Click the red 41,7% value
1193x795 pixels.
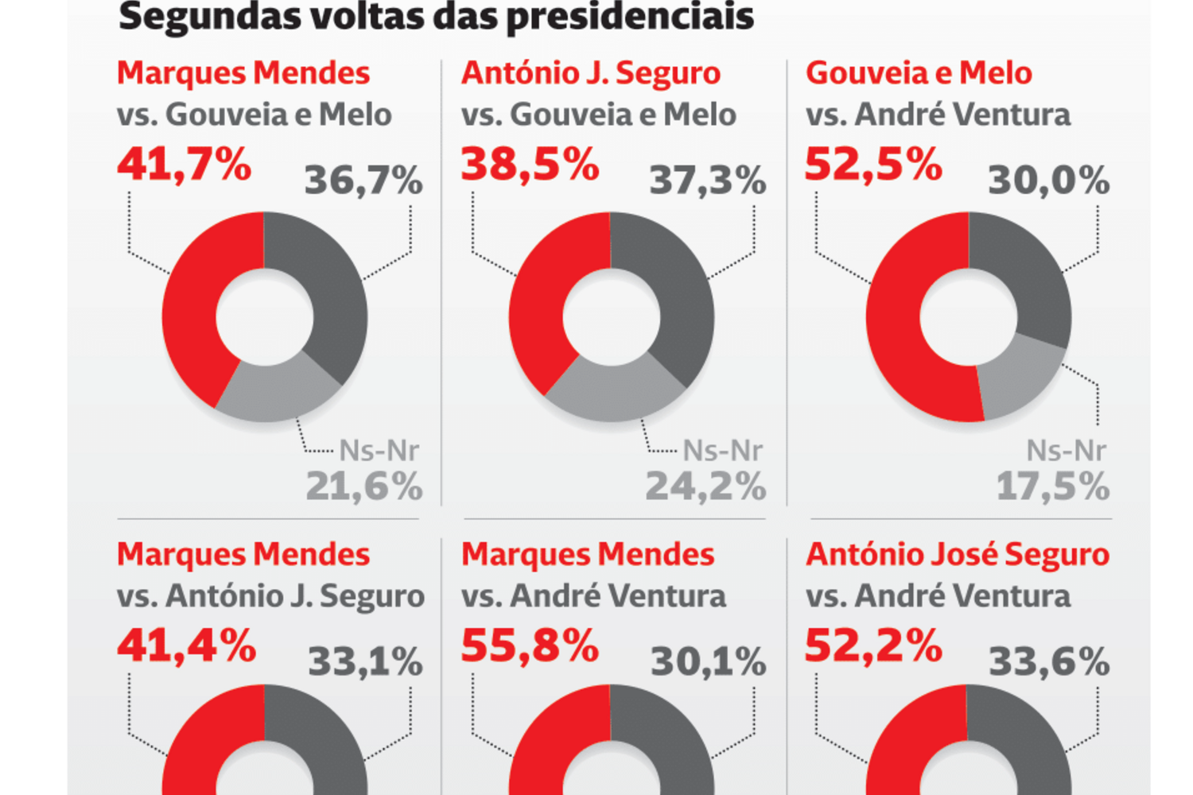tap(184, 165)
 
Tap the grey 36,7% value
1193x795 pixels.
tap(363, 180)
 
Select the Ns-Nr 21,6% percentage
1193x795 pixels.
tap(364, 487)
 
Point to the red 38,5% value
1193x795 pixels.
tap(530, 165)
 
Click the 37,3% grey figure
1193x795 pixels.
tap(708, 180)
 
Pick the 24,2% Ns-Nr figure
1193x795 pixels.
tap(706, 487)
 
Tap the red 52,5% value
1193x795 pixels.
tap(873, 165)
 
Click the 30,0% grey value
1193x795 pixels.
tap(1049, 180)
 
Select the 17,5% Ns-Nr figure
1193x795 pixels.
tap(1053, 487)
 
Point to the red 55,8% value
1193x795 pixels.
tap(530, 646)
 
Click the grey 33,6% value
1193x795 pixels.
tap(1049, 661)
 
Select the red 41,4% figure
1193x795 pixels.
tap(186, 646)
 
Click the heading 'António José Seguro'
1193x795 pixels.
tap(958, 554)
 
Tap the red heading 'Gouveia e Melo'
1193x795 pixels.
tap(919, 73)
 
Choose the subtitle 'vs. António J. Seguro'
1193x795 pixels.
tap(270, 596)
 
